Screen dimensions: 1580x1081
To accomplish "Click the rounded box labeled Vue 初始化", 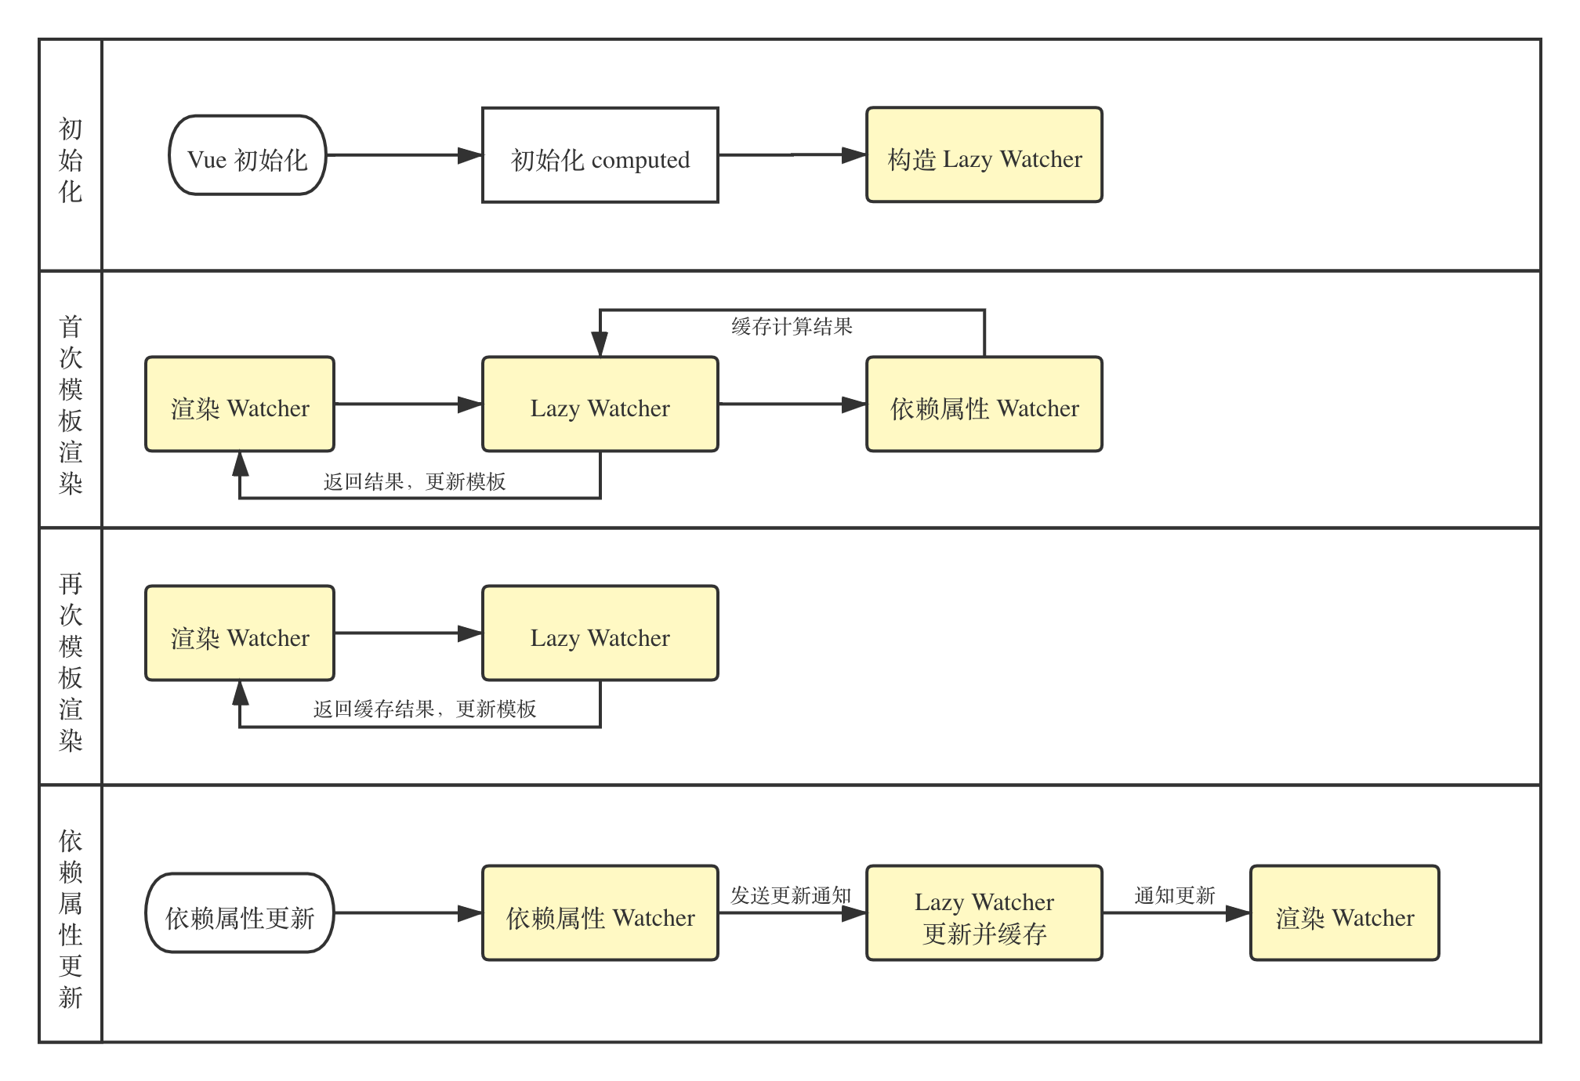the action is [x=248, y=155].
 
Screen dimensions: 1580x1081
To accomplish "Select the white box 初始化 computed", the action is [x=600, y=155].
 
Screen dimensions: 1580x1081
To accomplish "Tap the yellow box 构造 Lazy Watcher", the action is [x=984, y=155].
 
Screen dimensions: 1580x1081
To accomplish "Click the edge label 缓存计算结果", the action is [x=792, y=326].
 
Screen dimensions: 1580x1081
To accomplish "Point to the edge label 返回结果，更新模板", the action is [x=415, y=481].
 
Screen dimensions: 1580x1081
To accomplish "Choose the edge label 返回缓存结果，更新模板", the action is [x=425, y=709].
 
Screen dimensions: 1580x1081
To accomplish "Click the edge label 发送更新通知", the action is [x=791, y=895].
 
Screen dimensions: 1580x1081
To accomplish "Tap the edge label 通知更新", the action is [x=1175, y=895].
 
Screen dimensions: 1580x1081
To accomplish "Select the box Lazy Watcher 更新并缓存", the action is [x=984, y=913].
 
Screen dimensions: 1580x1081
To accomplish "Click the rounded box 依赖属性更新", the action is [x=240, y=913].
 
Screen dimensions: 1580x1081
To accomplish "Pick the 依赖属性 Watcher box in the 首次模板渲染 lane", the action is [x=984, y=404].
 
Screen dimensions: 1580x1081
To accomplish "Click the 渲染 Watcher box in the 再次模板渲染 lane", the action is [x=240, y=633].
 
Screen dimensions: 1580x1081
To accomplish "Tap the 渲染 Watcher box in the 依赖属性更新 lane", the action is [x=1345, y=913].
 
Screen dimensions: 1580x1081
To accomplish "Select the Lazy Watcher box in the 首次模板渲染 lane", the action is [x=600, y=404].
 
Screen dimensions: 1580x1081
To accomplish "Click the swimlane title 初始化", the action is [x=71, y=160].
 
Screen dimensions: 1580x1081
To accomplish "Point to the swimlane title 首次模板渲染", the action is [x=71, y=404].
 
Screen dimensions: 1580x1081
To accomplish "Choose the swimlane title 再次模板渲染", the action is [x=71, y=662].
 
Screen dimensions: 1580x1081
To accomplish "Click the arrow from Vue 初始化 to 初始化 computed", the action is [x=404, y=155].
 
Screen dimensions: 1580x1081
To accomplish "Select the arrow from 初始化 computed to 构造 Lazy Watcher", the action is [x=792, y=155].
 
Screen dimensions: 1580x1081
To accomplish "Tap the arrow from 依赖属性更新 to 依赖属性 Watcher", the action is [x=408, y=913].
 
